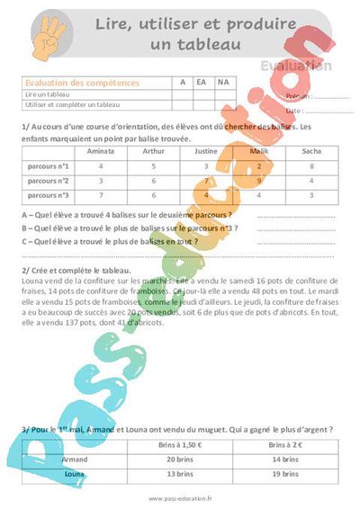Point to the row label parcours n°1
(49, 166)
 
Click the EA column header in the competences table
(202, 82)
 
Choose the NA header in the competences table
(223, 82)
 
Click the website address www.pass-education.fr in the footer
(180, 497)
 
